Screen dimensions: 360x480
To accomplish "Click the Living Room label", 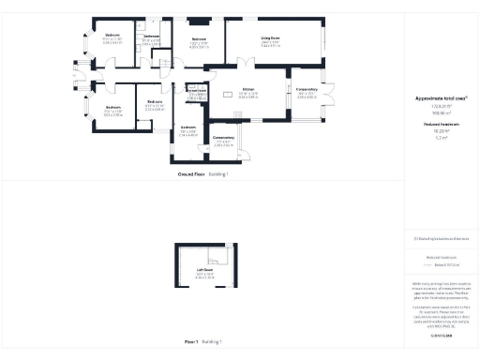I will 271,38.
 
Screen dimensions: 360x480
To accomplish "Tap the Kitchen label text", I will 248,92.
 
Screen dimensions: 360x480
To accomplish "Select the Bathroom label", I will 152,37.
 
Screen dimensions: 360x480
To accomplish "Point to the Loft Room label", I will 205,270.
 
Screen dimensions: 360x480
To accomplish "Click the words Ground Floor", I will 191,174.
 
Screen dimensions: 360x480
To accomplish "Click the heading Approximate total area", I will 441,97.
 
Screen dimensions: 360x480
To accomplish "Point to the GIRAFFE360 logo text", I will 441,335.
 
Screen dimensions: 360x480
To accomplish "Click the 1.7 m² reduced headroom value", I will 441,138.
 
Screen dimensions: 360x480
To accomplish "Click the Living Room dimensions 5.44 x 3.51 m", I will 271,46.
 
